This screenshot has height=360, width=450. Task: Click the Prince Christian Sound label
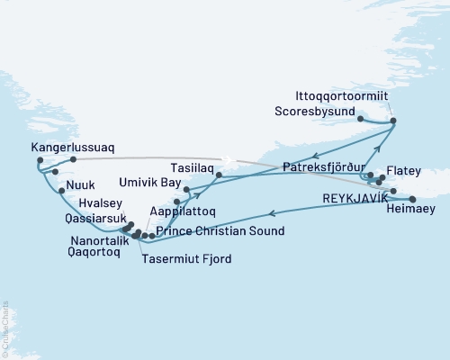pyautogui.click(x=220, y=231)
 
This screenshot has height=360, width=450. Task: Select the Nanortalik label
pyautogui.click(x=97, y=241)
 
